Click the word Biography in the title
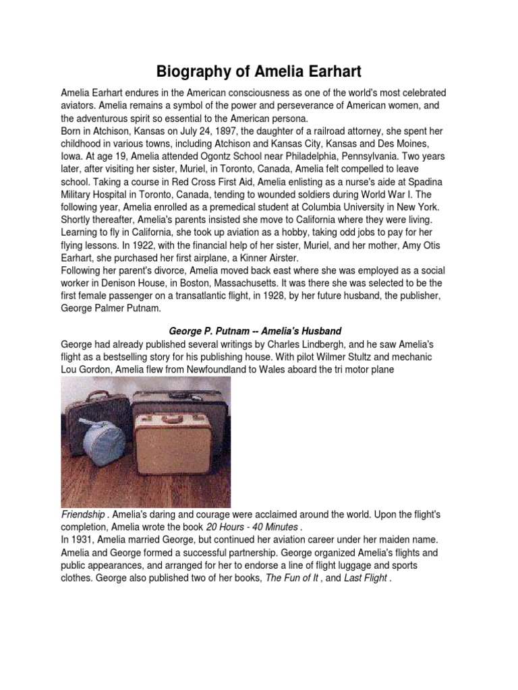[191, 71]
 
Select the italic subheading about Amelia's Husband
[255, 331]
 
